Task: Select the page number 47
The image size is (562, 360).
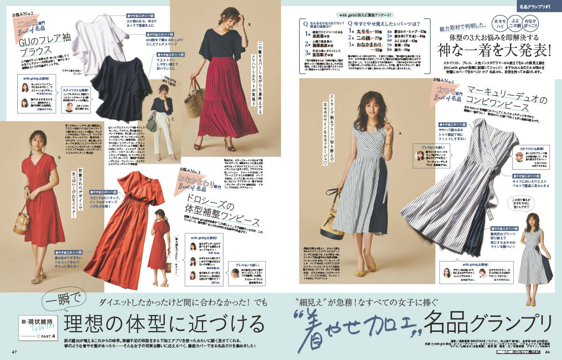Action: tap(15, 352)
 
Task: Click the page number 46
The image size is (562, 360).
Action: tap(547, 352)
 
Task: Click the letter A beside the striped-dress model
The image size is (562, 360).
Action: tap(400, 134)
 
